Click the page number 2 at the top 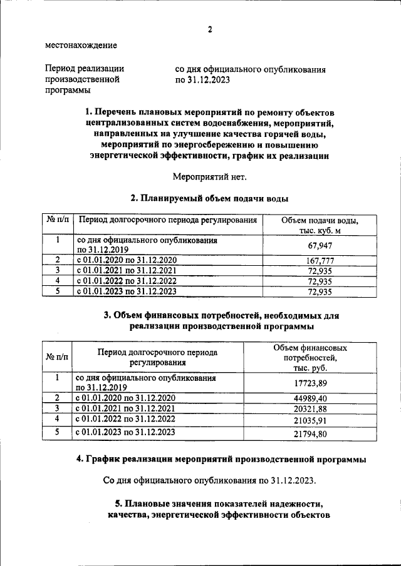point(210,29)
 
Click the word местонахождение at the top point(81,45)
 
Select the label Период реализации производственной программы point(84,79)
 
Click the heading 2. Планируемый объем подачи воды point(209,199)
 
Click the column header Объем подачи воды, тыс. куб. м point(320,226)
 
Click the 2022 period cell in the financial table point(125,418)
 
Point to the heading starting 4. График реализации point(221,460)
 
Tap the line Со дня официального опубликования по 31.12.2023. point(209,481)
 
